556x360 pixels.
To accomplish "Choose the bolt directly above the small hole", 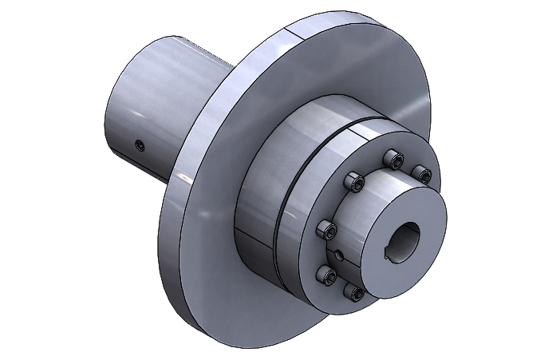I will (325, 231).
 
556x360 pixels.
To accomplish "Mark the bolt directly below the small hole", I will (326, 275).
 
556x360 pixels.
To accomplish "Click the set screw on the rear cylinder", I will (140, 145).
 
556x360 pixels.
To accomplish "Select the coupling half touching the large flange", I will (259, 184).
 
